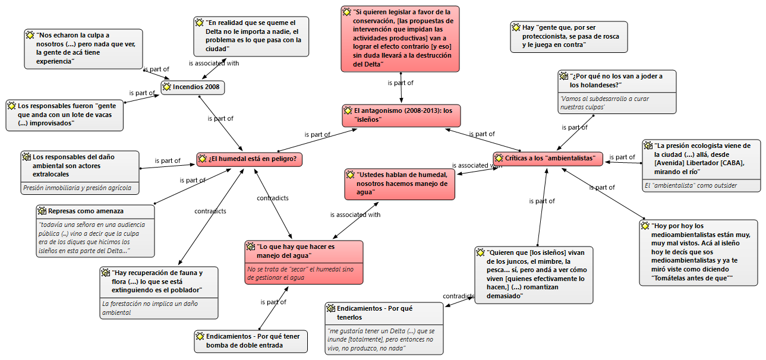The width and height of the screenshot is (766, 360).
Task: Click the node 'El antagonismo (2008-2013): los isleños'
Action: tap(401, 115)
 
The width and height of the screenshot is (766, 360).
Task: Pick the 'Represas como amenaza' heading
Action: tap(86, 211)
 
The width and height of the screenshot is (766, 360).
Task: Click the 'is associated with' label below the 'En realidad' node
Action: tap(214, 63)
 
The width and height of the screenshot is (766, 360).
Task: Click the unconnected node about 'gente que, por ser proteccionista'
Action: tap(568, 36)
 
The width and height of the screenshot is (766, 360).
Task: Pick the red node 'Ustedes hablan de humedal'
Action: tap(400, 183)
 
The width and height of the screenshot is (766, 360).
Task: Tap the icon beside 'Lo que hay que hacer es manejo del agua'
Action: tap(251, 247)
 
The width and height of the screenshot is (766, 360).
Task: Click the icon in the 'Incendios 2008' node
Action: tap(167, 87)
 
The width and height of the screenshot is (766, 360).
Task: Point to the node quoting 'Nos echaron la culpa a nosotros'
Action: tap(83, 48)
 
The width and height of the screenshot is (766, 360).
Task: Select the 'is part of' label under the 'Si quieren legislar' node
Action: tap(400, 83)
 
